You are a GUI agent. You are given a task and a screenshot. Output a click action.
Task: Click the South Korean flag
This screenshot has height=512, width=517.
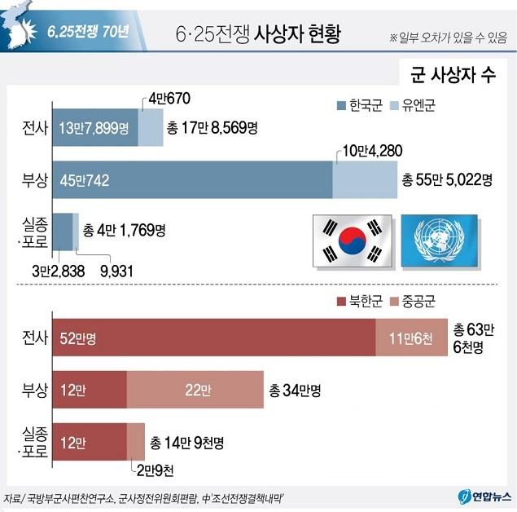[352, 241]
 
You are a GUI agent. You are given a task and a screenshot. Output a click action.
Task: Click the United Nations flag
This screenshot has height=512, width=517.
[440, 241]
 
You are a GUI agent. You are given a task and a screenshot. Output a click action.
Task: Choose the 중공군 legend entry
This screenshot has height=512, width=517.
[414, 301]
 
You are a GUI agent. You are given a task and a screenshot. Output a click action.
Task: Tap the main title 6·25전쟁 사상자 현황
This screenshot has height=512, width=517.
[258, 34]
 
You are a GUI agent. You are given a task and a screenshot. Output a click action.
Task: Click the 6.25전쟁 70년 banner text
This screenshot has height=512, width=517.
[87, 33]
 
